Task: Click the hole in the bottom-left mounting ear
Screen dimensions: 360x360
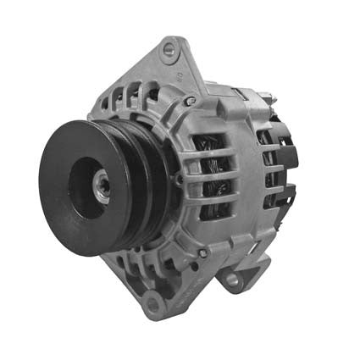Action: (x=152, y=303)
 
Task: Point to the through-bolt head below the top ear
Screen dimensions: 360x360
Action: (x=190, y=100)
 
